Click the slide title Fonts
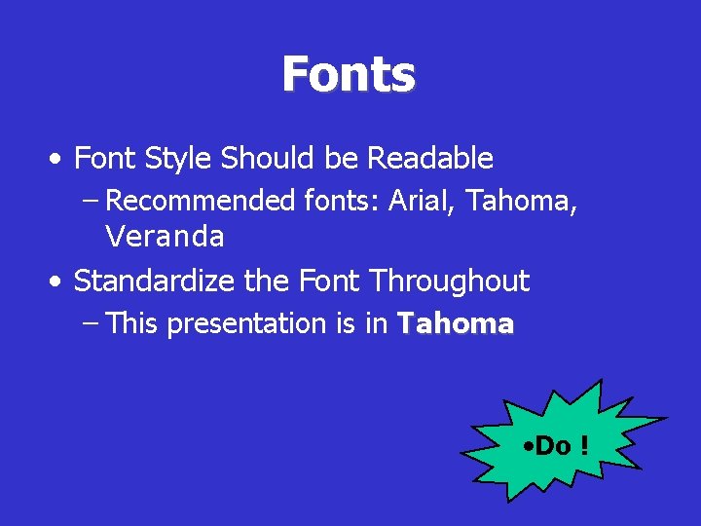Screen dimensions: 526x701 (349, 74)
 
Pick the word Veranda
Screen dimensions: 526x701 (165, 236)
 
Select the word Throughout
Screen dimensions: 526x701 (449, 282)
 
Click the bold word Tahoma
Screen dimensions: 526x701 (455, 323)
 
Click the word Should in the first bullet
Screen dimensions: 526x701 (277, 158)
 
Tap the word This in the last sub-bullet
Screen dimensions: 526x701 (131, 323)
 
